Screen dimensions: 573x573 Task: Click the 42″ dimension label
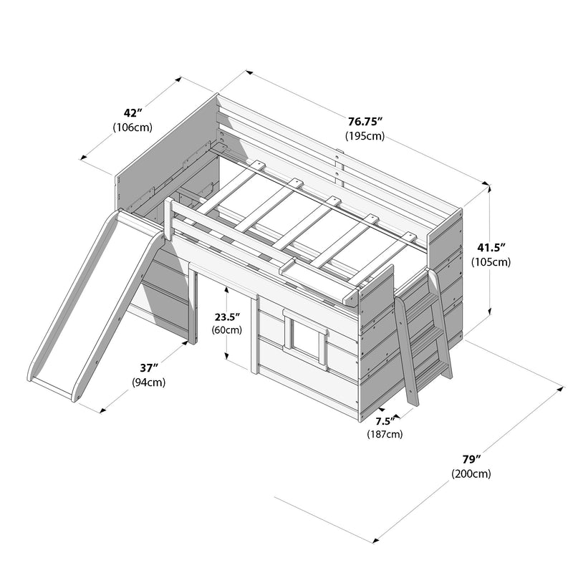point(132,112)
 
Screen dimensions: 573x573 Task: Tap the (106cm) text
point(132,127)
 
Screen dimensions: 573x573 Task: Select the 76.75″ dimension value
point(365,121)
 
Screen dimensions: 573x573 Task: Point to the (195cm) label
point(365,136)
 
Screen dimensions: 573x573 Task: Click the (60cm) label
point(226,330)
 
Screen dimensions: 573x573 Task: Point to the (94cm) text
point(149,382)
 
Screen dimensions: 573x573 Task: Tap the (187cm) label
point(385,434)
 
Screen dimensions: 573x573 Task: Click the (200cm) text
point(471,473)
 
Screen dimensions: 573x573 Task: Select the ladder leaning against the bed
point(423,333)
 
